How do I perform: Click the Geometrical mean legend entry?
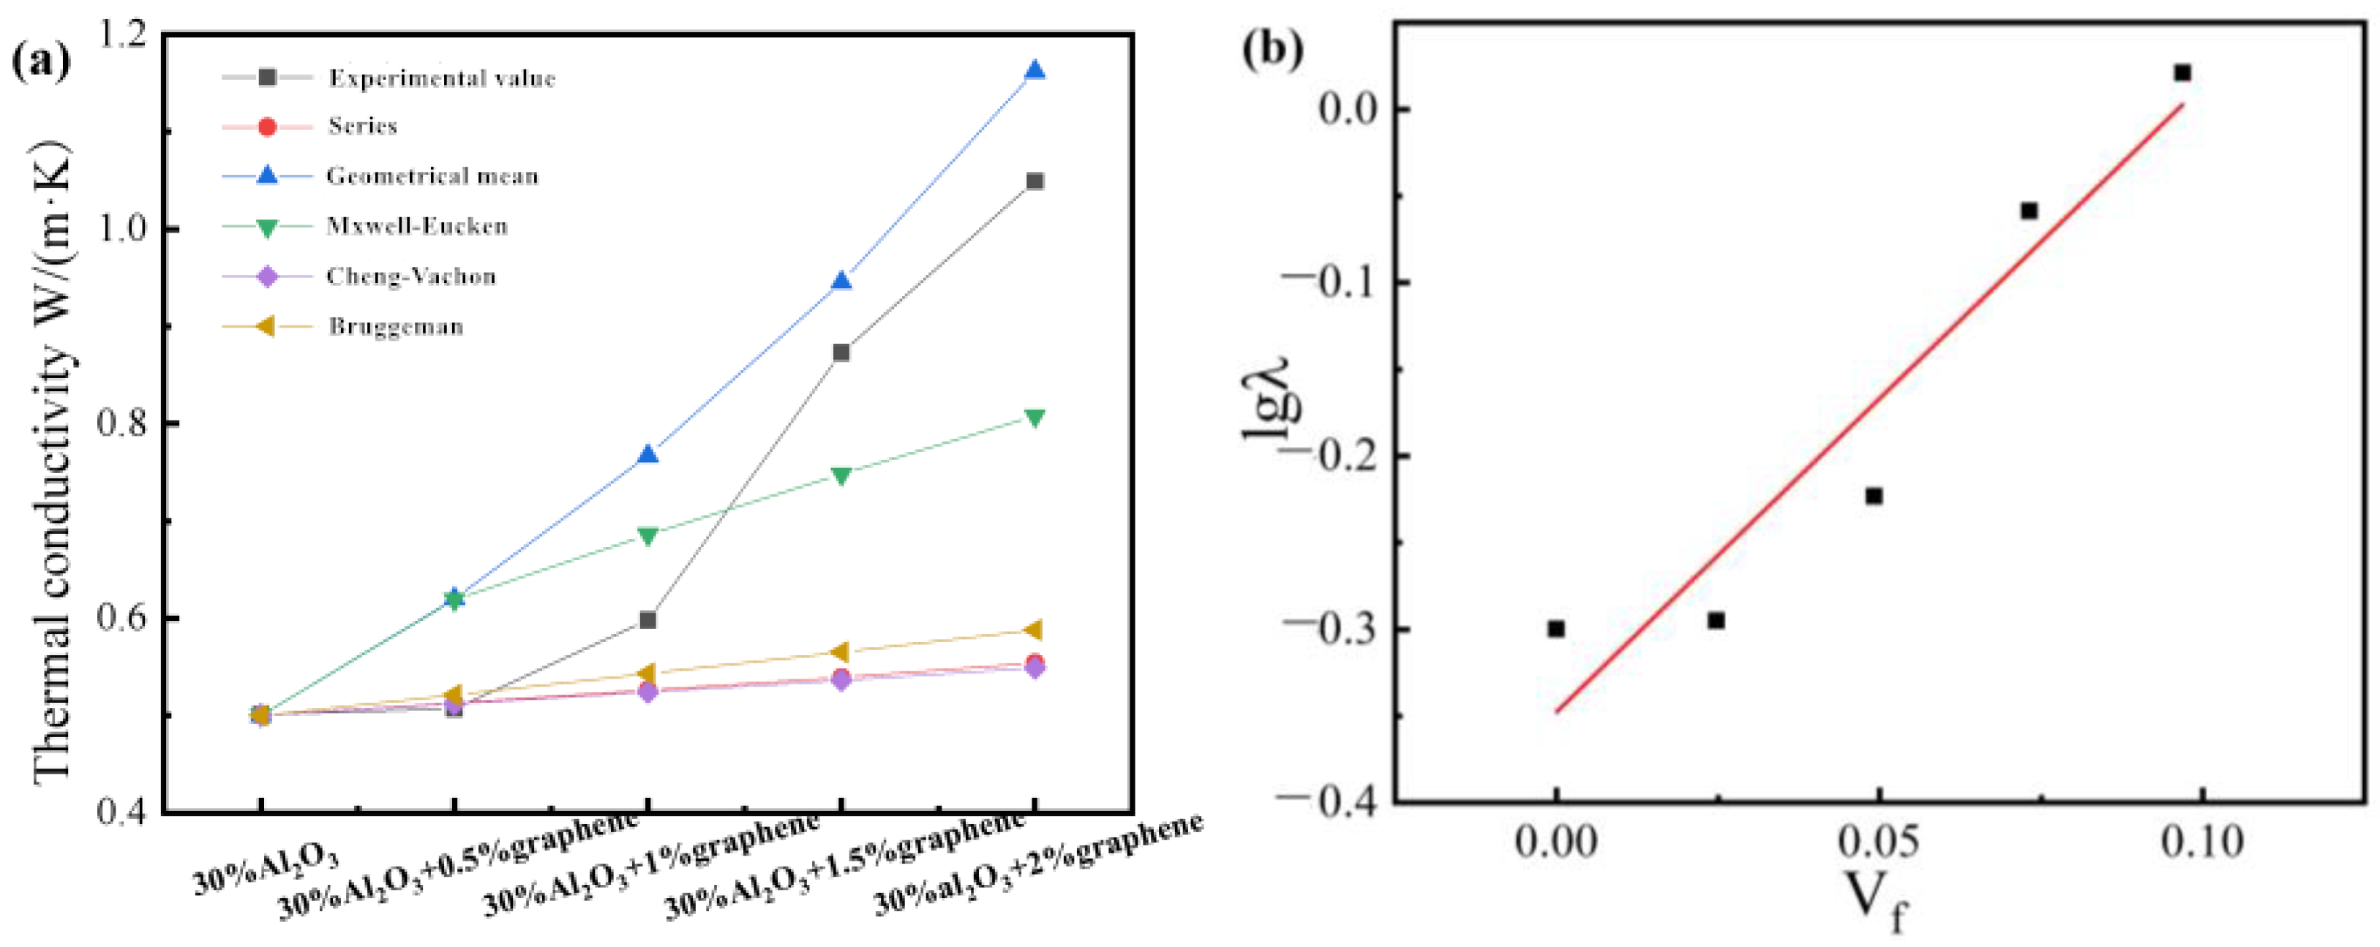[432, 176]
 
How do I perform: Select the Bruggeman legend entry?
[395, 326]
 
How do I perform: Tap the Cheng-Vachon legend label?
[410, 276]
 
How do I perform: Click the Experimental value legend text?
[442, 78]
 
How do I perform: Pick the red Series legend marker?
[266, 127]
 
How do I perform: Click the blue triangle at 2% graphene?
[1035, 70]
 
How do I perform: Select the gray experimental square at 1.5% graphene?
[841, 352]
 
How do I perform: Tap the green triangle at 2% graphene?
[1035, 418]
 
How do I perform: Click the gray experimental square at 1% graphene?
[647, 619]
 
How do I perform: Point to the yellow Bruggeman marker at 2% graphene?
[1035, 630]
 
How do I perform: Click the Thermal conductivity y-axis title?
[53, 462]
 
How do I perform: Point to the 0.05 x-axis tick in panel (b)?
[1877, 842]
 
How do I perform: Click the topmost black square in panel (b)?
[2182, 73]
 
